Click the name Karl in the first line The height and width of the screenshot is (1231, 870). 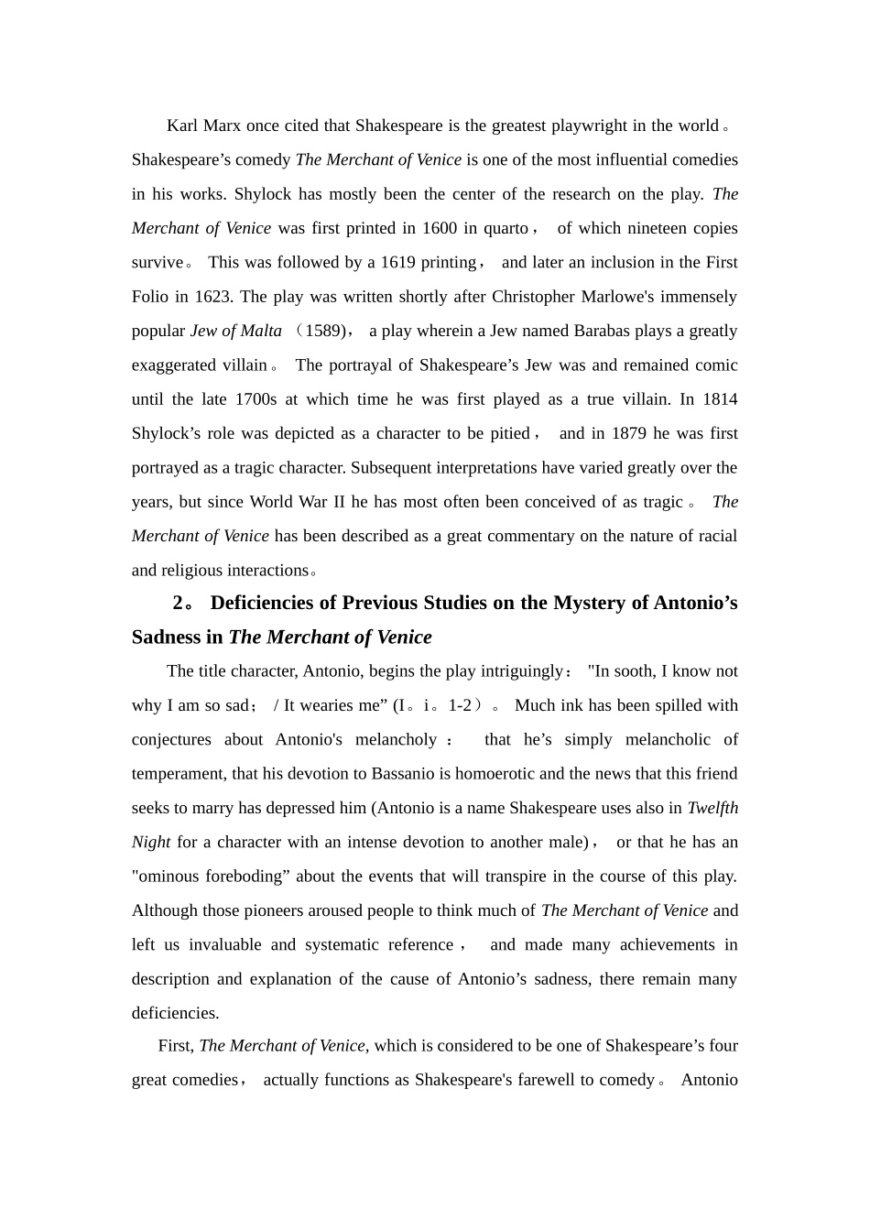(182, 125)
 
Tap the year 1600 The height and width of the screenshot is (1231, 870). (439, 228)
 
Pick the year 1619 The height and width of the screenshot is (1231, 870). (397, 262)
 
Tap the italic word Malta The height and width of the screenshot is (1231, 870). (260, 331)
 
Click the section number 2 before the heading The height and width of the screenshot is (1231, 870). (178, 603)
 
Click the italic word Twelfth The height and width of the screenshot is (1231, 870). (712, 808)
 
